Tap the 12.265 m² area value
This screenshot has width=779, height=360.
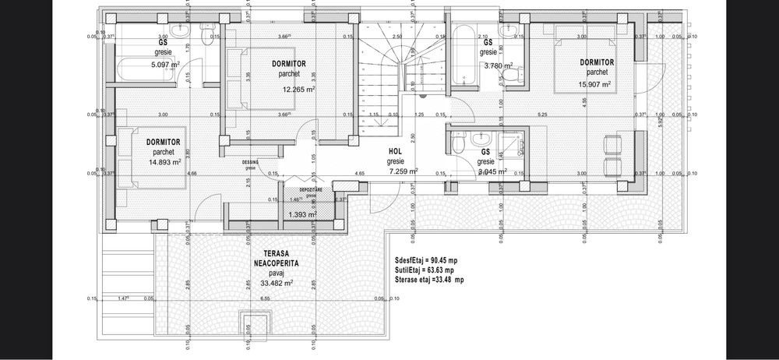click(x=299, y=90)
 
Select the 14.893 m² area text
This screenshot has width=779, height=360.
click(x=163, y=162)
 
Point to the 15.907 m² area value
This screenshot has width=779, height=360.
click(x=594, y=84)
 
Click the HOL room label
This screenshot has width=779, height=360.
click(x=396, y=153)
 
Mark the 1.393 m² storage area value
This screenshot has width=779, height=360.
click(x=301, y=214)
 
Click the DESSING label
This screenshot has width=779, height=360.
click(x=249, y=162)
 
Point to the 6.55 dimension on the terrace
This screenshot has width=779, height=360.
click(x=265, y=298)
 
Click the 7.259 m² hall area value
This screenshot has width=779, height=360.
click(x=402, y=171)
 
